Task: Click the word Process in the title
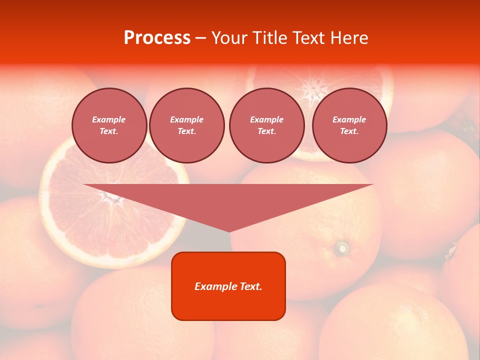coord(157,38)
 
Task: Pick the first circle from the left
coord(109,125)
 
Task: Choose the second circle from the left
coord(186,125)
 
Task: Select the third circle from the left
coord(266,125)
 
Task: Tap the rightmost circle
coord(349,125)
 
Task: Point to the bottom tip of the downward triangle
coord(229,231)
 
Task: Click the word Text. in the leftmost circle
coord(109,131)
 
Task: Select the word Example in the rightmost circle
coord(349,119)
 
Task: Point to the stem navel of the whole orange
coord(342,247)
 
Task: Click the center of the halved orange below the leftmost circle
coord(114,200)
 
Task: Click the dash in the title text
coord(200,38)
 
